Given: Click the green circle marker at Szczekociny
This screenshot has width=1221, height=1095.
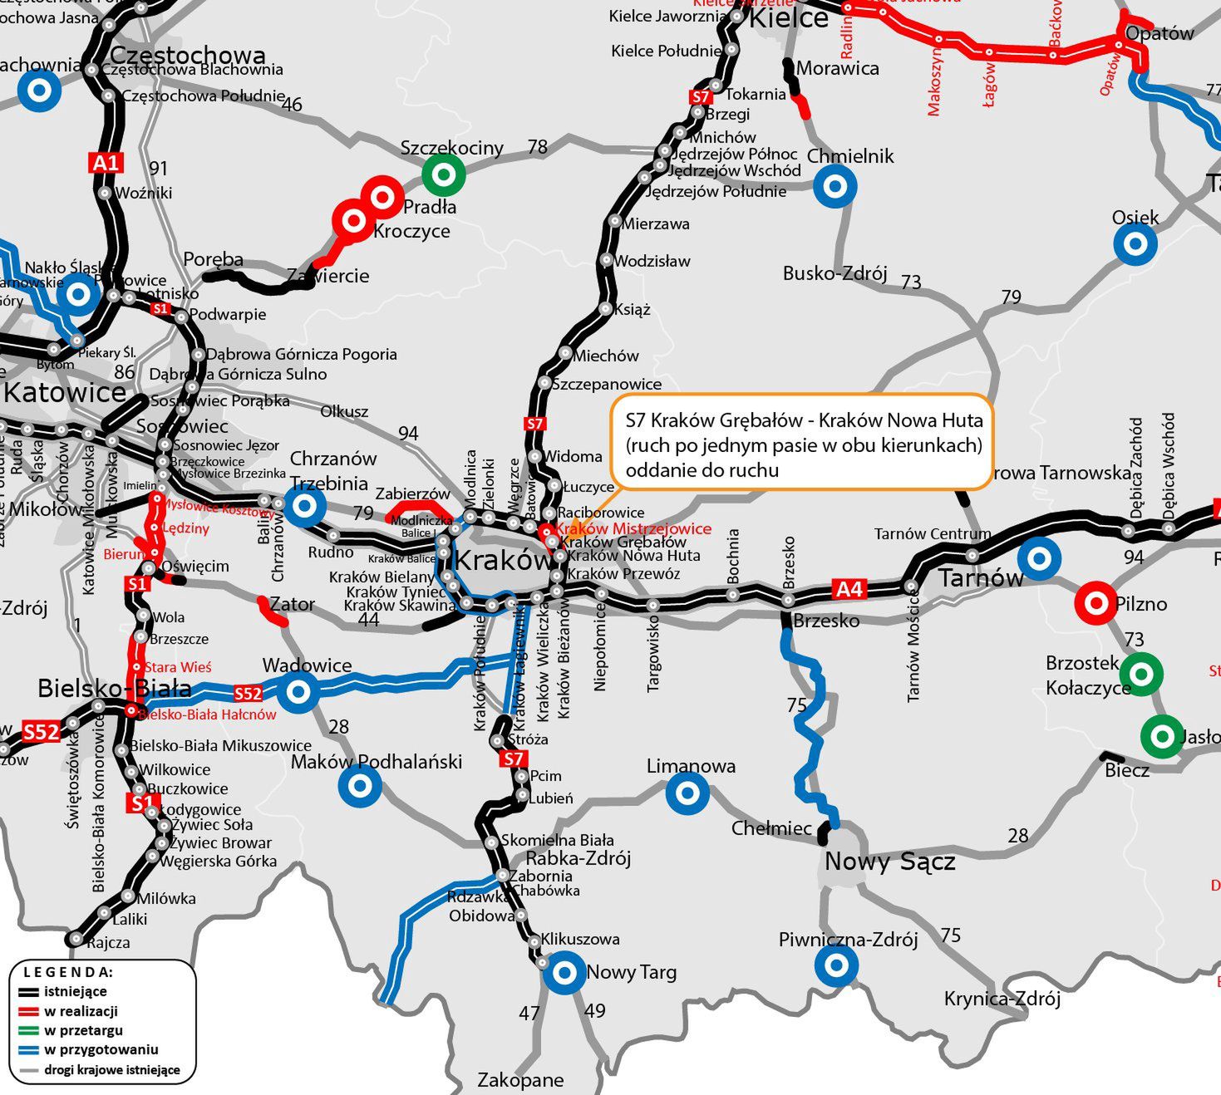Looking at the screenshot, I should point(444,174).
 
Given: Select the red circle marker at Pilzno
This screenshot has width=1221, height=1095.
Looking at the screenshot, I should point(1095,603).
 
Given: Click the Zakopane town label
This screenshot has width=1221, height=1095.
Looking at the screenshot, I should point(520,1080).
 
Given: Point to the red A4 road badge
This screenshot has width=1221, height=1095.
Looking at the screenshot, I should point(849,589).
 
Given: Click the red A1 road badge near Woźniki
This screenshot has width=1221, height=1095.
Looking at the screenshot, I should point(106,163).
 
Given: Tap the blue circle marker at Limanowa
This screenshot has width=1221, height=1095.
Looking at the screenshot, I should point(687,793).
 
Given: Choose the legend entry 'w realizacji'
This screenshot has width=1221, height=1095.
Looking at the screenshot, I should point(81,1011).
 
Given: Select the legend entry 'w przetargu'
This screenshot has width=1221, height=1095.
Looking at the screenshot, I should point(83,1030).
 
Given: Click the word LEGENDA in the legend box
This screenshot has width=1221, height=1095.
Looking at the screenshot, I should point(68,972).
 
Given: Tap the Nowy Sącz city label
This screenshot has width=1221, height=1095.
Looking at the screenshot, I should point(889,862).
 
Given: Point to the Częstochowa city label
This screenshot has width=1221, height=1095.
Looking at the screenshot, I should point(188,56).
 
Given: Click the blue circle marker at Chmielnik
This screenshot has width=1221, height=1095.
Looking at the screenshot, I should point(835,186).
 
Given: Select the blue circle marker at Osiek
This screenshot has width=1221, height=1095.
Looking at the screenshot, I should point(1135,244).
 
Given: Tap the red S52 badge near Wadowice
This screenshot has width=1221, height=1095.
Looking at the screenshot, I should point(248,694).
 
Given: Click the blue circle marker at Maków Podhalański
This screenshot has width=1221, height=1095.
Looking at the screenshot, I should point(360,785).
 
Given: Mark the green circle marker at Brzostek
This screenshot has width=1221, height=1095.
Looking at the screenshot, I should point(1140,673).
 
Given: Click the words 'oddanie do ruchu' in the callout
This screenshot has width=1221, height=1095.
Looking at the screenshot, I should point(702,470).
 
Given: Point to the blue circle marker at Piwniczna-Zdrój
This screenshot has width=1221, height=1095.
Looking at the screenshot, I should point(835,965).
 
